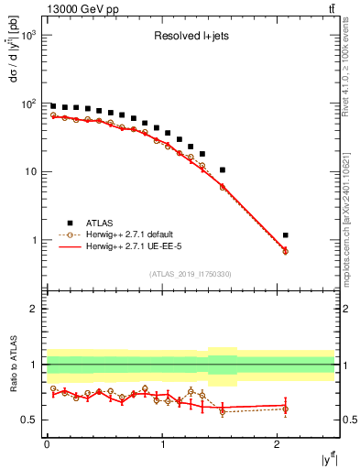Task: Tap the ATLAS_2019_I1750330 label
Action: click(190, 274)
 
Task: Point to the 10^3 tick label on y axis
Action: click(27, 35)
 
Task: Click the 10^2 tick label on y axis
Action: click(27, 104)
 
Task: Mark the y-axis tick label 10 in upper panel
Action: click(30, 172)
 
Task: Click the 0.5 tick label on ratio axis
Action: click(28, 420)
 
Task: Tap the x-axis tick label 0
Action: click(47, 445)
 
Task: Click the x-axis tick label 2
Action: click(278, 445)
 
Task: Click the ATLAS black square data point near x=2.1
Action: click(286, 235)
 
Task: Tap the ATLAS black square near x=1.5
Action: click(222, 169)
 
